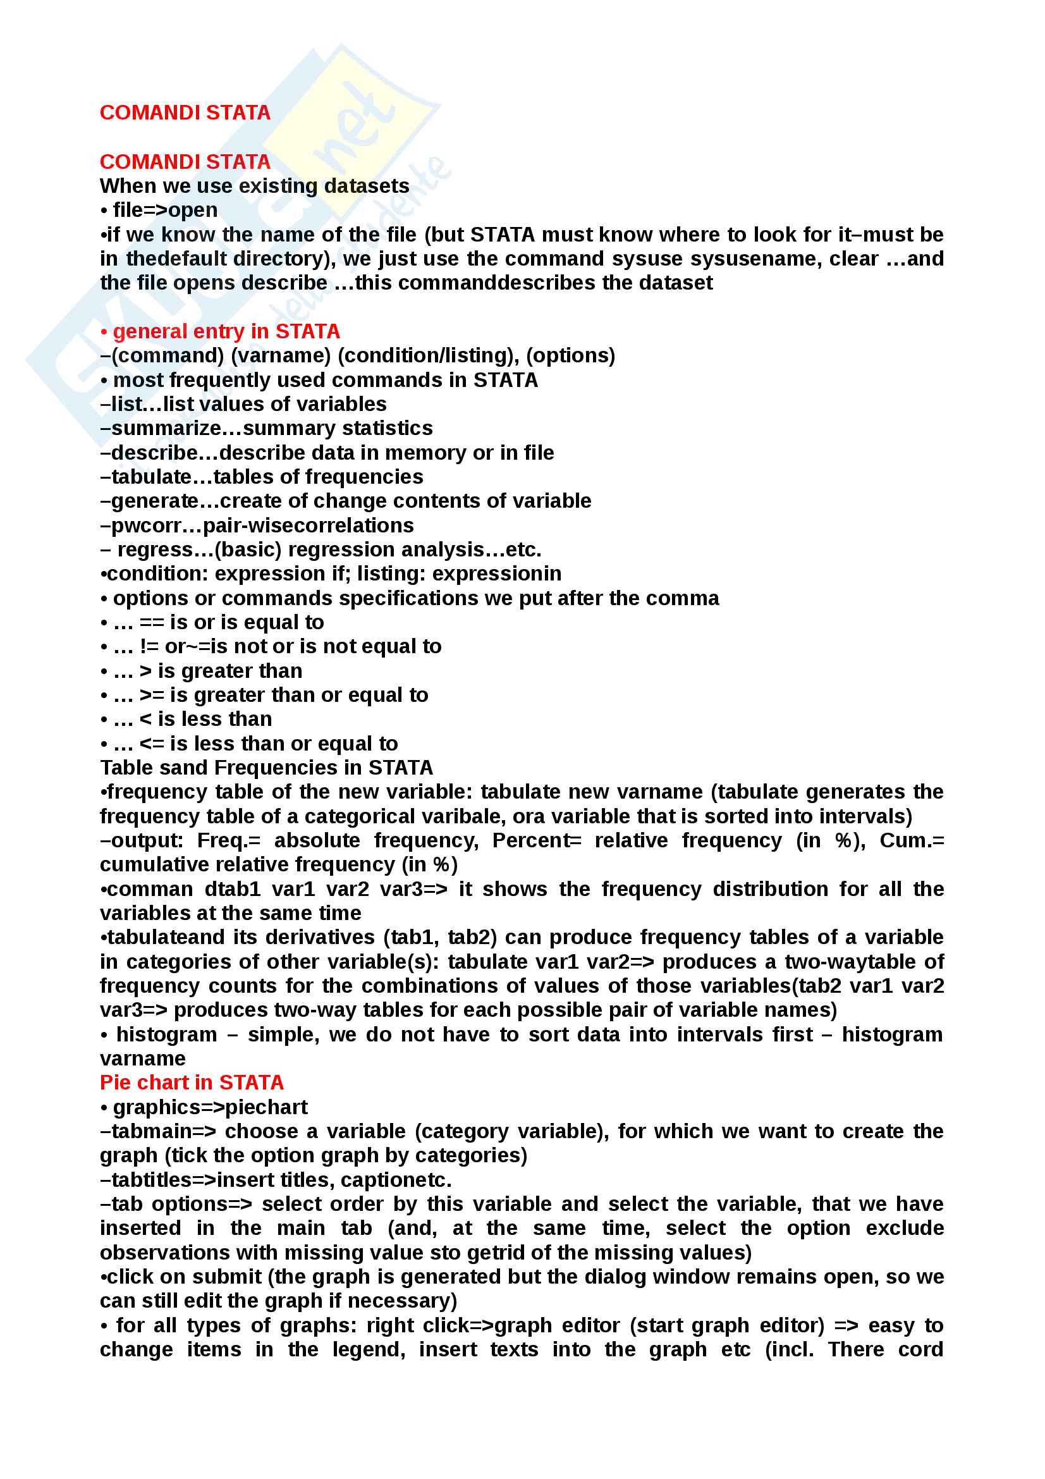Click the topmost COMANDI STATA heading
click(x=185, y=113)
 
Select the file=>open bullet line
click(x=165, y=210)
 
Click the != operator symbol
click(x=149, y=646)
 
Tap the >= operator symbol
click(x=151, y=695)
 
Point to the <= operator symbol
click(x=151, y=744)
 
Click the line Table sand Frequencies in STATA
click(x=266, y=768)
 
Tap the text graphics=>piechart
click(x=210, y=1107)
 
